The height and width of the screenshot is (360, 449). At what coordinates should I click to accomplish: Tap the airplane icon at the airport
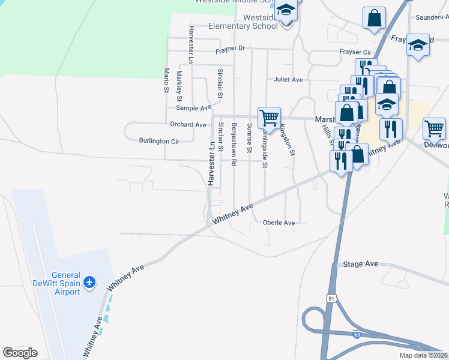click(x=89, y=281)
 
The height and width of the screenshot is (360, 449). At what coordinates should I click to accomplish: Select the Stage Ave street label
click(x=360, y=264)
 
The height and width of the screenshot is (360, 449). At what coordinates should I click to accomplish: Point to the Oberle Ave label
click(x=279, y=223)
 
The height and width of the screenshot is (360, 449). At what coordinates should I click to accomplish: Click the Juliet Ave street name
click(x=288, y=79)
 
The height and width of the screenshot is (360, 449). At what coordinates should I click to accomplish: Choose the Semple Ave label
click(x=193, y=108)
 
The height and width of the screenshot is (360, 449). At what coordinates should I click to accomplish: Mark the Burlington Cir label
click(x=159, y=142)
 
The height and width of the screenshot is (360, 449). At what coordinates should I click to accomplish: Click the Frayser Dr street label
click(x=231, y=48)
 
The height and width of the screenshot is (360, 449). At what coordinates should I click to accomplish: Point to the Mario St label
click(x=167, y=80)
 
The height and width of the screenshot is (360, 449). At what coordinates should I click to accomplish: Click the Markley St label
click(x=179, y=85)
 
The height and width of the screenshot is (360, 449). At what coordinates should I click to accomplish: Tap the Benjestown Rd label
click(x=234, y=144)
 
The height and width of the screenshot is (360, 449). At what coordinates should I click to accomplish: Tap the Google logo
click(x=20, y=353)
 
